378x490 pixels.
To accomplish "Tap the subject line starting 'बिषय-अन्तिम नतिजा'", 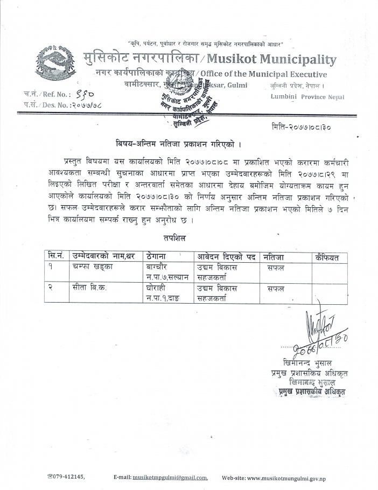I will (177, 144).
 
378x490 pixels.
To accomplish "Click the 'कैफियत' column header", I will (328, 258).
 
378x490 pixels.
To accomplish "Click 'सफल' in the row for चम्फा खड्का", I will (275, 268).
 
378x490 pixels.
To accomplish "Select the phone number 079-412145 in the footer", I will (69, 477).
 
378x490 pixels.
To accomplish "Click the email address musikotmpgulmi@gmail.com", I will (170, 477).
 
